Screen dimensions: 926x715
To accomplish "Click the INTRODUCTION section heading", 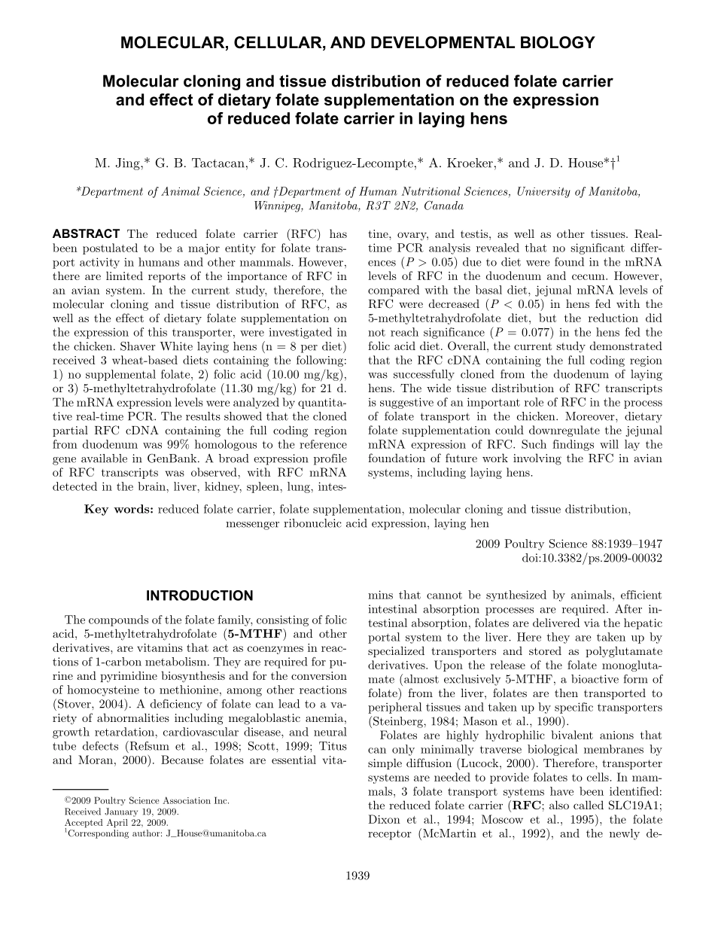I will (x=199, y=596).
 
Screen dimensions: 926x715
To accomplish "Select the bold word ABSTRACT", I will (x=86, y=234).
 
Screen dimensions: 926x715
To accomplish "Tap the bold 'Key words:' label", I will (x=120, y=510).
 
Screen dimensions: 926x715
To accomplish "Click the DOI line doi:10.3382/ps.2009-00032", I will (x=592, y=559).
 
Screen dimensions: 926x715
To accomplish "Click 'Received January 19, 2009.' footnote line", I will (x=121, y=812).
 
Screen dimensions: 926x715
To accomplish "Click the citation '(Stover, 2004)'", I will (x=93, y=703).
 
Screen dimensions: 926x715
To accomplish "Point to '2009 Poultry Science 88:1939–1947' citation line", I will (x=570, y=545).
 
